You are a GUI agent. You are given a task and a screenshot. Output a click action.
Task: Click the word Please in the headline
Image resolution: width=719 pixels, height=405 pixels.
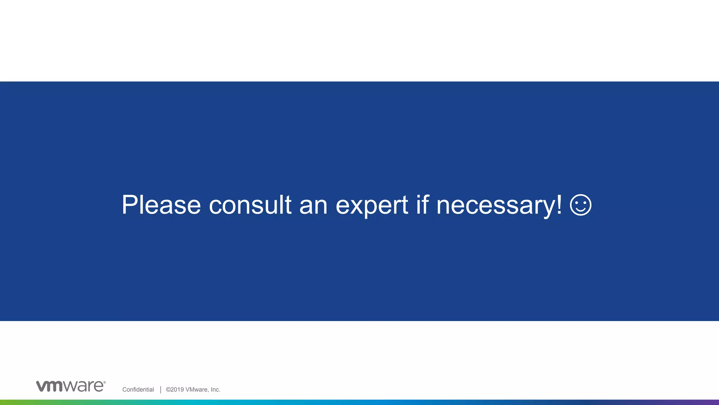[161, 205]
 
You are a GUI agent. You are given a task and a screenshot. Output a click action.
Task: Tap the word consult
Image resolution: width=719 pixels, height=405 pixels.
[250, 205]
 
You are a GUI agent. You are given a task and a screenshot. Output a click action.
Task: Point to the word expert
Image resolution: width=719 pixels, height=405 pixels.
[372, 205]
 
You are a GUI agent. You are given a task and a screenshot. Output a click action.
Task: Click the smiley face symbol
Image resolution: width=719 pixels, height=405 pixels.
[581, 205]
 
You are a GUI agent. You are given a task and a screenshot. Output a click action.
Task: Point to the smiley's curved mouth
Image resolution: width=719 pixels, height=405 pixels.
[581, 210]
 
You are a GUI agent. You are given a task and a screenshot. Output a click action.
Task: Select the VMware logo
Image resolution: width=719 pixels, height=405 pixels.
[71, 386]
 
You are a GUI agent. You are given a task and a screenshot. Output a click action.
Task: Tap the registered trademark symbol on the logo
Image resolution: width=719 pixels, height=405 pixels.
[104, 382]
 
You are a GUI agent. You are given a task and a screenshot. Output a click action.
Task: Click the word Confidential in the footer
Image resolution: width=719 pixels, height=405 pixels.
[138, 390]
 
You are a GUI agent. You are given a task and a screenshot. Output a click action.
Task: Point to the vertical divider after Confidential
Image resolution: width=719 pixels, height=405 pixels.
[160, 390]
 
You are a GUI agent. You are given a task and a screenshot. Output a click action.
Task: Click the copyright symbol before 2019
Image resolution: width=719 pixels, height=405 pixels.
[168, 390]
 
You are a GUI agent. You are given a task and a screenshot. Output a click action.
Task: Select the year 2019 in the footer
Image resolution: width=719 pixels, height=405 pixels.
[177, 390]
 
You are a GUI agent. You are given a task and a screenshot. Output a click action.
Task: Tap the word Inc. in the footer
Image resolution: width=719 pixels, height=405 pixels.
[215, 390]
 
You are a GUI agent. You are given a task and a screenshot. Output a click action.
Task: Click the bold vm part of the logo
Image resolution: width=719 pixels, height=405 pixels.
[50, 386]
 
